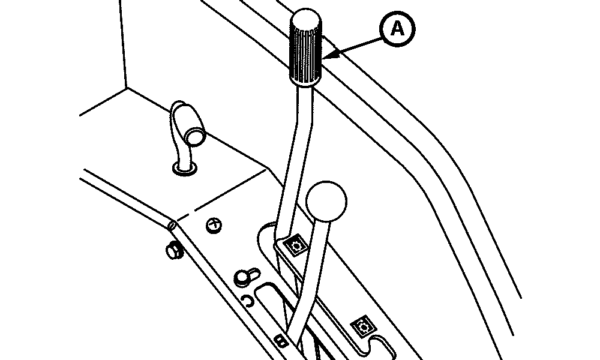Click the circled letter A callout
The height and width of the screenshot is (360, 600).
[397, 29]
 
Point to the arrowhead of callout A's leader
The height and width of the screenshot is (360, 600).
[334, 55]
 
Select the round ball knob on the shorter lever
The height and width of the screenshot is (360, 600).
[326, 201]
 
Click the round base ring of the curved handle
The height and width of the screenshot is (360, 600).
[185, 169]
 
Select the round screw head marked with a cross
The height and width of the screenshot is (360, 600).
[214, 226]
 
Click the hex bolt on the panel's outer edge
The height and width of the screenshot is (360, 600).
[174, 250]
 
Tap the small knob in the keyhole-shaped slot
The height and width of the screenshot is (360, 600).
[243, 277]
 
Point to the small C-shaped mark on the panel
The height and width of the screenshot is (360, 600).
[250, 301]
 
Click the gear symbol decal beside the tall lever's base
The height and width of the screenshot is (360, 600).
[295, 245]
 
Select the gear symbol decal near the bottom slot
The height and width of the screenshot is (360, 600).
[363, 326]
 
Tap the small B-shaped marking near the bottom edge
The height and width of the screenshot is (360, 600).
[281, 340]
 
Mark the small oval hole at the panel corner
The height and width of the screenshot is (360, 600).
[172, 226]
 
